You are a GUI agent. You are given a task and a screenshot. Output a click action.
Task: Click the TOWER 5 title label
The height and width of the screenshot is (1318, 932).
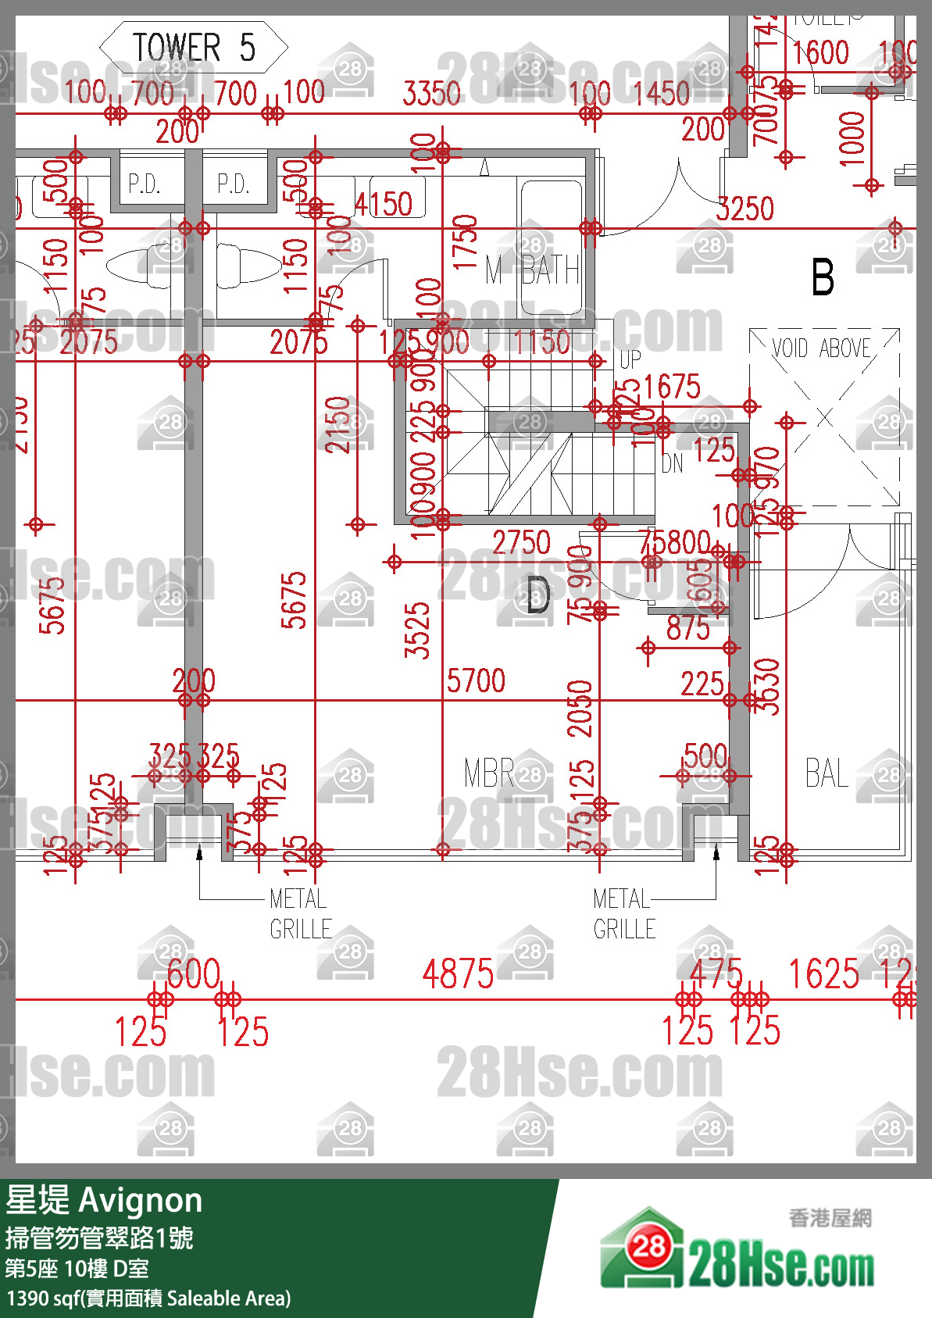pos(194,48)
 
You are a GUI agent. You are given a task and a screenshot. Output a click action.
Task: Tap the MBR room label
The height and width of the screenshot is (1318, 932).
pos(488,773)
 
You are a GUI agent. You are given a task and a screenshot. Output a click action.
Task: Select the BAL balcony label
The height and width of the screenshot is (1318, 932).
pos(827,773)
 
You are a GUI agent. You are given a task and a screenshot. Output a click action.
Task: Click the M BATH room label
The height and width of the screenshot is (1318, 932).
pos(532,271)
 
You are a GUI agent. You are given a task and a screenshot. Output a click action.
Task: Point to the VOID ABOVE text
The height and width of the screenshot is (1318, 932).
pos(821,348)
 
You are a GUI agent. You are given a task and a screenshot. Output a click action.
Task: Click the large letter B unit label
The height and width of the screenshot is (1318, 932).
pos(823,277)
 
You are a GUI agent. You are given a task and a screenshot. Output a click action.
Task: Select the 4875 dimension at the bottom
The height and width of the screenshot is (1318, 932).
pos(458,974)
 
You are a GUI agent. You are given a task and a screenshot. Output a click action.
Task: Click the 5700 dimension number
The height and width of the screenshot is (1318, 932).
pos(476,680)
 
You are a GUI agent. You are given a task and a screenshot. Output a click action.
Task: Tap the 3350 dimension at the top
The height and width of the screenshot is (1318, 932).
pos(431,94)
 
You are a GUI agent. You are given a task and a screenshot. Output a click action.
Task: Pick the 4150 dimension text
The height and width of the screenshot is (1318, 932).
pos(384,205)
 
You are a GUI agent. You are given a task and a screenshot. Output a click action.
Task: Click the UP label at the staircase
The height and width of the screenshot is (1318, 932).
pos(630,360)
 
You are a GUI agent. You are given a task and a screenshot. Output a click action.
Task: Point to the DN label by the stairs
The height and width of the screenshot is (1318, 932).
pos(672,464)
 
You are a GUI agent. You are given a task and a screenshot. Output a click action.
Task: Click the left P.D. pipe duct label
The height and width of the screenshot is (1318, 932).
pos(144,184)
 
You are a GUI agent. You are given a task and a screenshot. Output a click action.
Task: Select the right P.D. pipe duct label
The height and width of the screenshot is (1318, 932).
pos(233,184)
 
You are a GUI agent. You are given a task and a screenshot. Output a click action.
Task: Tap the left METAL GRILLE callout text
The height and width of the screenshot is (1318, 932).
pos(300,914)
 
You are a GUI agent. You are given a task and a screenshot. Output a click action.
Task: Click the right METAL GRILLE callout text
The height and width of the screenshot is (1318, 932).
pos(623,914)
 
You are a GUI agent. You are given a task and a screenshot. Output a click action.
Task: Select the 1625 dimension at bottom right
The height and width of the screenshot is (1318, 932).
pos(823,974)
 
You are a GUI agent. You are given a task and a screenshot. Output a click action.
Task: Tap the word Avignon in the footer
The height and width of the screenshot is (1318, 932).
pos(141,1200)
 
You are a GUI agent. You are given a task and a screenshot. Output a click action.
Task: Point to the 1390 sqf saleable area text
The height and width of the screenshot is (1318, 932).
pos(148,1298)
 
